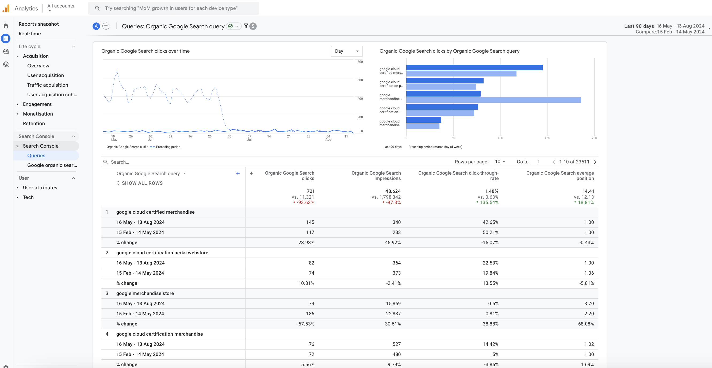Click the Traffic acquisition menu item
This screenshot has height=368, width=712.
[48, 85]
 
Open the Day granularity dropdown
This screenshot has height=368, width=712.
[346, 51]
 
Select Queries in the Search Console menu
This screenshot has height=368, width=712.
[36, 156]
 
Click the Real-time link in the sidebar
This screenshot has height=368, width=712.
[30, 33]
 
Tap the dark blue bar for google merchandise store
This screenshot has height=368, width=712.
[443, 94]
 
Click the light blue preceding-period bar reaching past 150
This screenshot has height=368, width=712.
[493, 100]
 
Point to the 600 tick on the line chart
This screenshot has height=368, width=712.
[360, 80]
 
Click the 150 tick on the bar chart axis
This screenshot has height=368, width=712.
[547, 138]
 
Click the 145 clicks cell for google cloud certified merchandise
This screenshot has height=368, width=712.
[310, 222]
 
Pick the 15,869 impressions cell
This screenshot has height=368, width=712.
[393, 303]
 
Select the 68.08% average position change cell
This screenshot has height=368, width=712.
[586, 324]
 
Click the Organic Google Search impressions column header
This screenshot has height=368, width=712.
[376, 175]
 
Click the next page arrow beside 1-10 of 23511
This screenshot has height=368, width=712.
[595, 162]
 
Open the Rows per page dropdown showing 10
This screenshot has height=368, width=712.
[500, 162]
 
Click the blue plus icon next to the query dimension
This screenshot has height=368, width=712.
[238, 173]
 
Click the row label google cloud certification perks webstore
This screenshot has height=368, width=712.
[162, 252]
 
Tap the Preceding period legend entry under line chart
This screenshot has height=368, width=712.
[168, 147]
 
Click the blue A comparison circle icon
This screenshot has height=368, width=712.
[96, 26]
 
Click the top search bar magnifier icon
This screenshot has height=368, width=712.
[97, 8]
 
